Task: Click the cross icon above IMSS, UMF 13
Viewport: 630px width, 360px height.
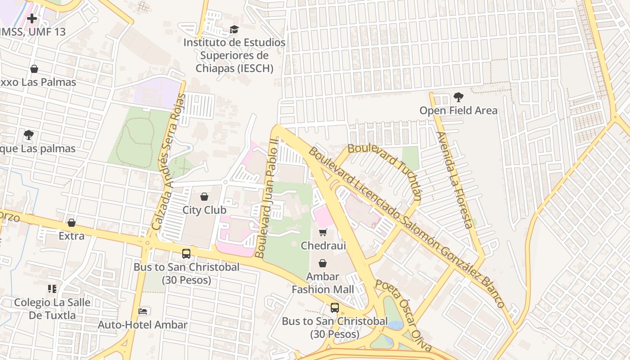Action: [x=31, y=18]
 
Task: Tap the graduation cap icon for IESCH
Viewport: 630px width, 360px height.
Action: [x=234, y=30]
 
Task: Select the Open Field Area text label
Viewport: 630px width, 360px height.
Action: [x=458, y=110]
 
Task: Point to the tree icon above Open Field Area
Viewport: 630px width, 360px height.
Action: [x=458, y=97]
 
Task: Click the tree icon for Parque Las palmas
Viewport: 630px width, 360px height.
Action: [x=29, y=135]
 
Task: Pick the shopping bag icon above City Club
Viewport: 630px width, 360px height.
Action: [x=204, y=197]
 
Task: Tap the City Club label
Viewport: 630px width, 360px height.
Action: [x=204, y=210]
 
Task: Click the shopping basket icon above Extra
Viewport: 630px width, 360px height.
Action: [x=71, y=223]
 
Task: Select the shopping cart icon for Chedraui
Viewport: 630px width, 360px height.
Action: [x=323, y=232]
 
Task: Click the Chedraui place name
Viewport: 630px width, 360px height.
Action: [x=323, y=246]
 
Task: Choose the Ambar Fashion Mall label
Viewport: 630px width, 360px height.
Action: [x=323, y=283]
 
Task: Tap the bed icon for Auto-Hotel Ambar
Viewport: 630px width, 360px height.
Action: [x=143, y=311]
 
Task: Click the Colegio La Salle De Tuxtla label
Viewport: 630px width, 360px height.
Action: [x=52, y=309]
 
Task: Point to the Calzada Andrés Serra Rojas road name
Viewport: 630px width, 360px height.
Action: [x=169, y=162]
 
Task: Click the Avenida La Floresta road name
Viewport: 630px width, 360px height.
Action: [x=454, y=180]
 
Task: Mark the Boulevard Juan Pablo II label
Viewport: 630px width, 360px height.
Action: [x=266, y=198]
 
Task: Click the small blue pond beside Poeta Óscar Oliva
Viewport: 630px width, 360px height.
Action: [x=395, y=325]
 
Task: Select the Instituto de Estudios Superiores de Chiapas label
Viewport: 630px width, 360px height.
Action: [x=234, y=55]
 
